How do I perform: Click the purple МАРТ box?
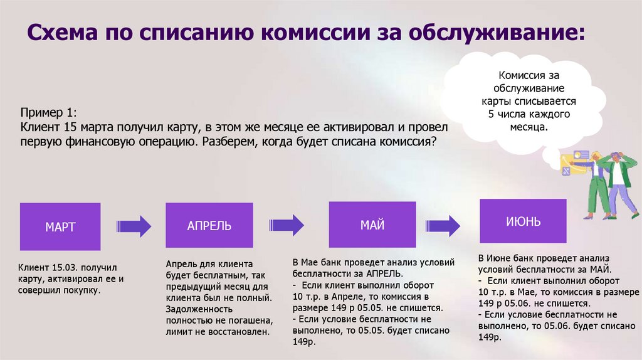[60, 226]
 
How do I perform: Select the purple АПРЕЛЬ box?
[209, 226]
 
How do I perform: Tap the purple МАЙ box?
[372, 225]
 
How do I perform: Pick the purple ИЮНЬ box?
[523, 222]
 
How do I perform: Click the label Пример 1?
[48, 113]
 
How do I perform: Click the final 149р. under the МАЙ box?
[305, 342]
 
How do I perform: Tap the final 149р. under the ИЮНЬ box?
[490, 337]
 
